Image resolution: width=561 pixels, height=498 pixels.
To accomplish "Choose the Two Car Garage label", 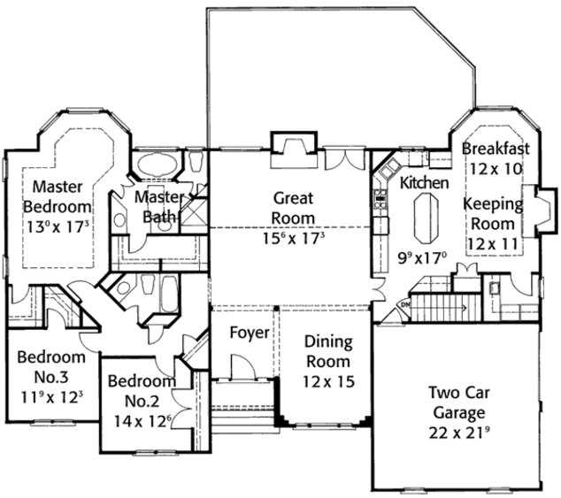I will pos(457,402).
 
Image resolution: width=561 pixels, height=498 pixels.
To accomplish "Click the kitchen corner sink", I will pos(383,167).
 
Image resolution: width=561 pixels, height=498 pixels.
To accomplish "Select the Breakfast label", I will pos(496,149).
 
